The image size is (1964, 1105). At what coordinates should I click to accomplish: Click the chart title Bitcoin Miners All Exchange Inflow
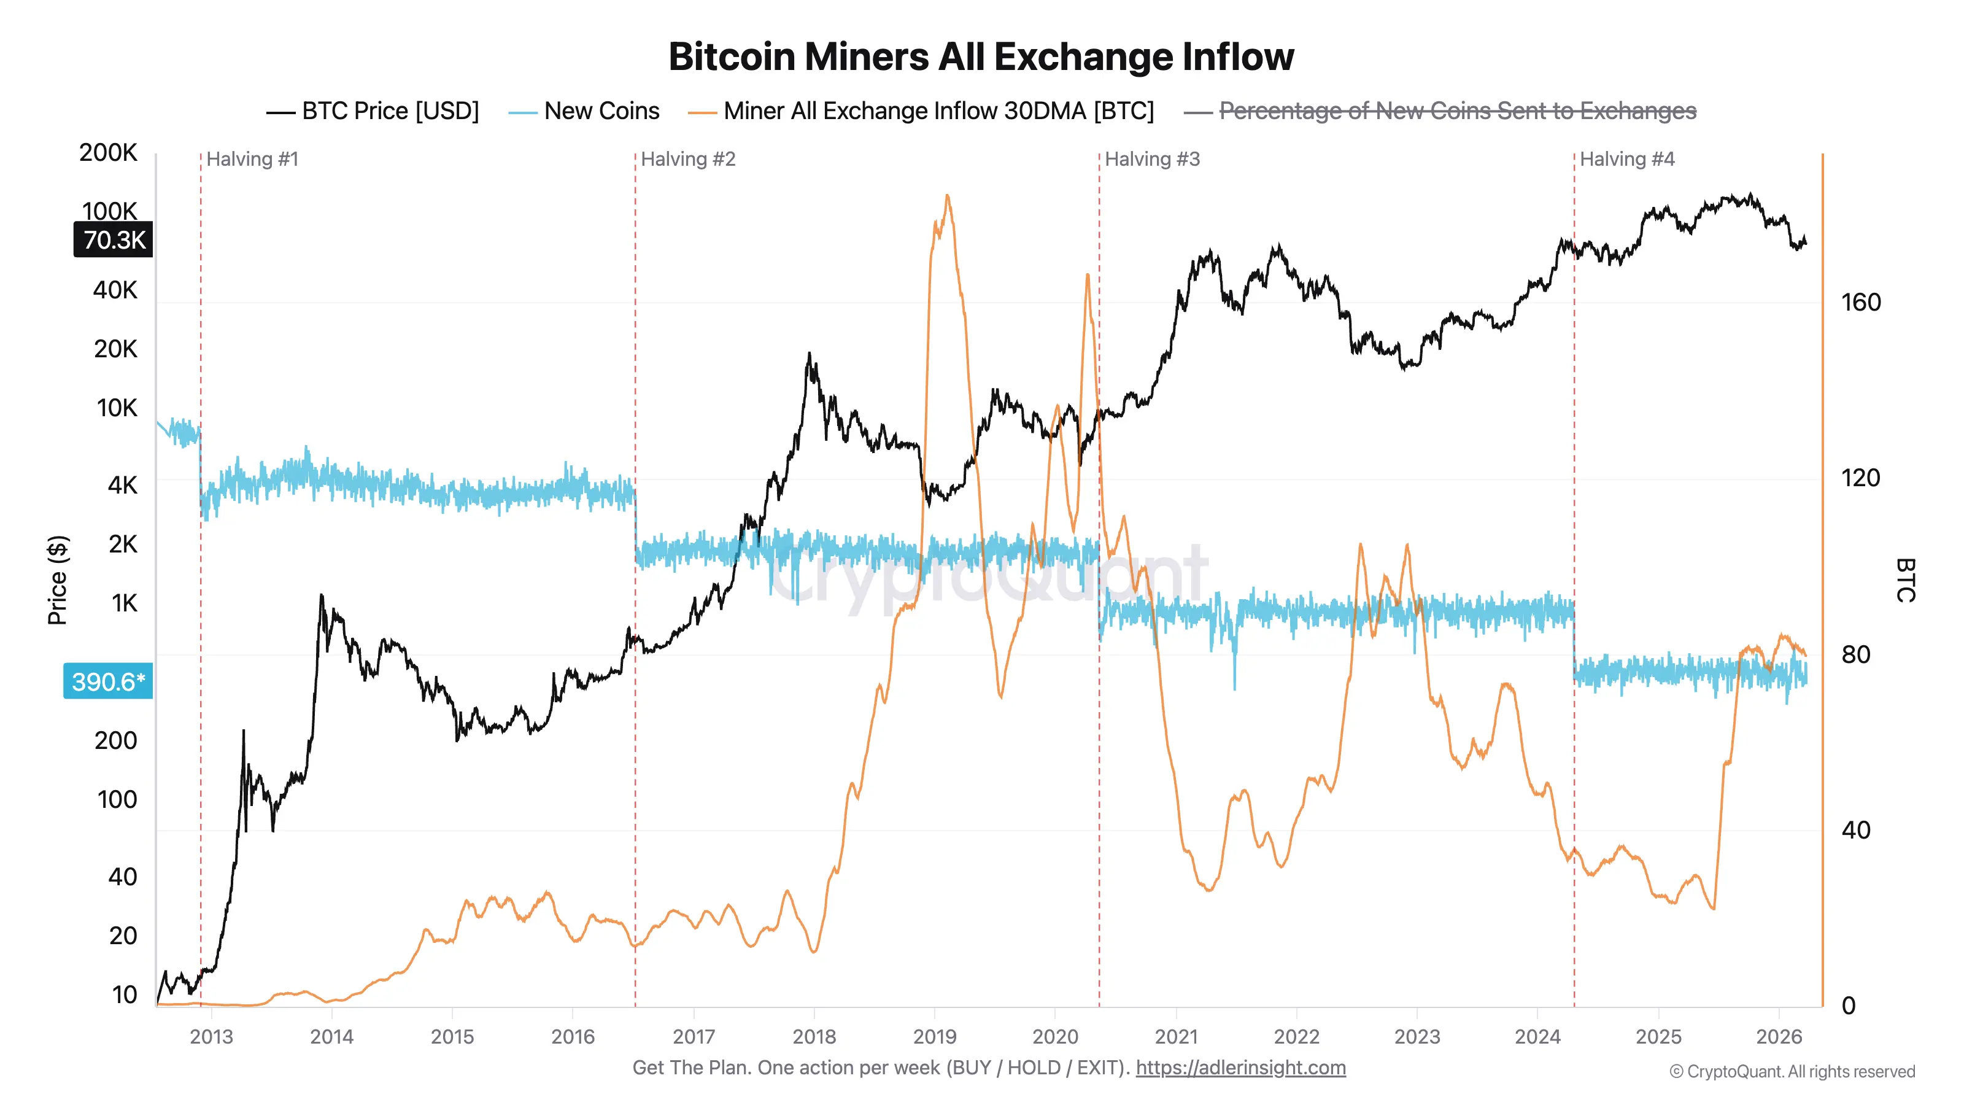981,57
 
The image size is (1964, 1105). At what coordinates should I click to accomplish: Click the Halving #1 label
252,160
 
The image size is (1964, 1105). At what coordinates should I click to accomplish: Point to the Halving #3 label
1152,160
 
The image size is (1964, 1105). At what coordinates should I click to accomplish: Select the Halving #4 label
1626,160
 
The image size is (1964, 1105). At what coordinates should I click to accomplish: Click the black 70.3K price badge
114,239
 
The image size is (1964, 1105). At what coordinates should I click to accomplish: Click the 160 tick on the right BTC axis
1860,303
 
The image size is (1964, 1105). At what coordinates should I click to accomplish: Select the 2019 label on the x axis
934,1036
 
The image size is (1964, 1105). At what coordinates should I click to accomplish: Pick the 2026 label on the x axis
1778,1036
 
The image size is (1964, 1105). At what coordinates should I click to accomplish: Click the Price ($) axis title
57,580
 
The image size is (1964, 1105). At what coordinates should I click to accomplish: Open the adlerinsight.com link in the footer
1240,1068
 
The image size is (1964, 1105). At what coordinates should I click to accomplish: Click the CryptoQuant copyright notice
1792,1071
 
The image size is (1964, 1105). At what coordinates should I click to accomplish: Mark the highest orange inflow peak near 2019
947,196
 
